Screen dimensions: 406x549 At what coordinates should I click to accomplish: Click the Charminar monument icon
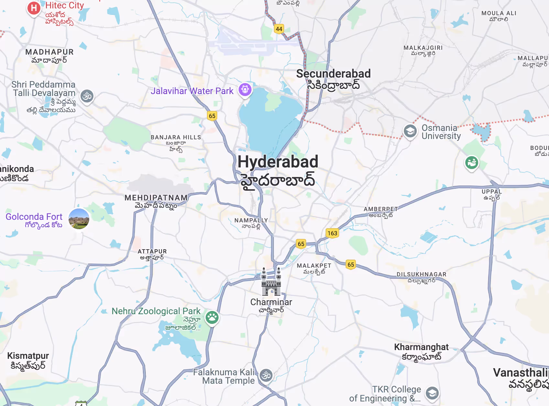pyautogui.click(x=271, y=282)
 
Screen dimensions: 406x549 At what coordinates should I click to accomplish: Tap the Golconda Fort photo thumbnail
pyautogui.click(x=79, y=219)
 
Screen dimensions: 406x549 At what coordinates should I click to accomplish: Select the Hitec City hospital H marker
pyautogui.click(x=34, y=8)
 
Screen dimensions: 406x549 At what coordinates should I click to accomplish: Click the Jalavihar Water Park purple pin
pyautogui.click(x=245, y=89)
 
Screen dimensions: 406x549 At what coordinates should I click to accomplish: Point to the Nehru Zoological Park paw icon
pyautogui.click(x=212, y=318)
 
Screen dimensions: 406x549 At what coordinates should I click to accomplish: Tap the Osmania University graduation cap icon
pyautogui.click(x=410, y=131)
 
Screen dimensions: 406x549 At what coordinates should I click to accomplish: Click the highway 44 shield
pyautogui.click(x=279, y=29)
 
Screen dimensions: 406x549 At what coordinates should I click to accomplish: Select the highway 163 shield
pyautogui.click(x=332, y=233)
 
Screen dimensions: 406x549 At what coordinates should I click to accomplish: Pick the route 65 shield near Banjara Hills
pyautogui.click(x=212, y=116)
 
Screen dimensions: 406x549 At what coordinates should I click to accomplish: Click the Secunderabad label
pyautogui.click(x=333, y=74)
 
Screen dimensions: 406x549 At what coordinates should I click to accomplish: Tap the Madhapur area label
pyautogui.click(x=49, y=52)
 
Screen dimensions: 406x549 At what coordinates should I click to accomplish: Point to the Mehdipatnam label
pyautogui.click(x=156, y=198)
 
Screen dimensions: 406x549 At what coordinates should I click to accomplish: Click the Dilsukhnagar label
pyautogui.click(x=421, y=274)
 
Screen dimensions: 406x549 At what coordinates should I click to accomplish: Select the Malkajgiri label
pyautogui.click(x=423, y=48)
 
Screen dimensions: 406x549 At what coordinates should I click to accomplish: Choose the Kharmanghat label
pyautogui.click(x=421, y=347)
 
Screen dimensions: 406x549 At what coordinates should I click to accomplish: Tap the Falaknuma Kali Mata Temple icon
pyautogui.click(x=266, y=375)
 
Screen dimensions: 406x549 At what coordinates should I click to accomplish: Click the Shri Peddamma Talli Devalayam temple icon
pyautogui.click(x=87, y=96)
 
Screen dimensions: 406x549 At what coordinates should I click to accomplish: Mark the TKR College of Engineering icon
pyautogui.click(x=432, y=393)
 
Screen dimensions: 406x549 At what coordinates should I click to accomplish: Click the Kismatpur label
pyautogui.click(x=28, y=356)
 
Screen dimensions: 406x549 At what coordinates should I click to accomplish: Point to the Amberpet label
pyautogui.click(x=381, y=209)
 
